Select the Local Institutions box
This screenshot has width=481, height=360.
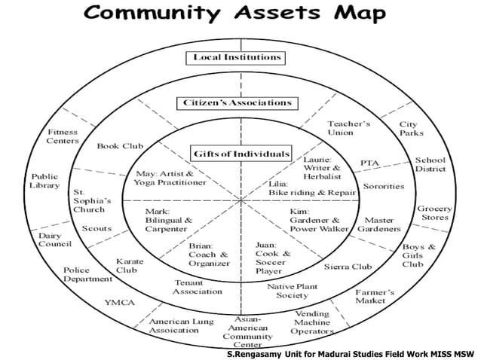pyautogui.click(x=237, y=57)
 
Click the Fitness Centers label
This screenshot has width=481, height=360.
pyautogui.click(x=63, y=136)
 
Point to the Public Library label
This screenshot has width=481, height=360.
pyautogui.click(x=44, y=180)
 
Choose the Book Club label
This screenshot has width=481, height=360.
pyautogui.click(x=120, y=145)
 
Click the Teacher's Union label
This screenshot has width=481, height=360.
pyautogui.click(x=348, y=128)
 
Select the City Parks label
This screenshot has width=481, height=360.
pyautogui.click(x=412, y=128)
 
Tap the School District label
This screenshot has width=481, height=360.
pyautogui.click(x=430, y=165)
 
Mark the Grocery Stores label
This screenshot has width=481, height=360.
pyautogui.click(x=435, y=213)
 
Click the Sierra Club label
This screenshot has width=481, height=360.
pyautogui.click(x=348, y=267)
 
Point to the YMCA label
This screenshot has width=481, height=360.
pyautogui.click(x=119, y=303)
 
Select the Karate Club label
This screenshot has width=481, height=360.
pyautogui.click(x=126, y=265)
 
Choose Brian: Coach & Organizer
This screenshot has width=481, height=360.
pyautogui.click(x=209, y=255)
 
